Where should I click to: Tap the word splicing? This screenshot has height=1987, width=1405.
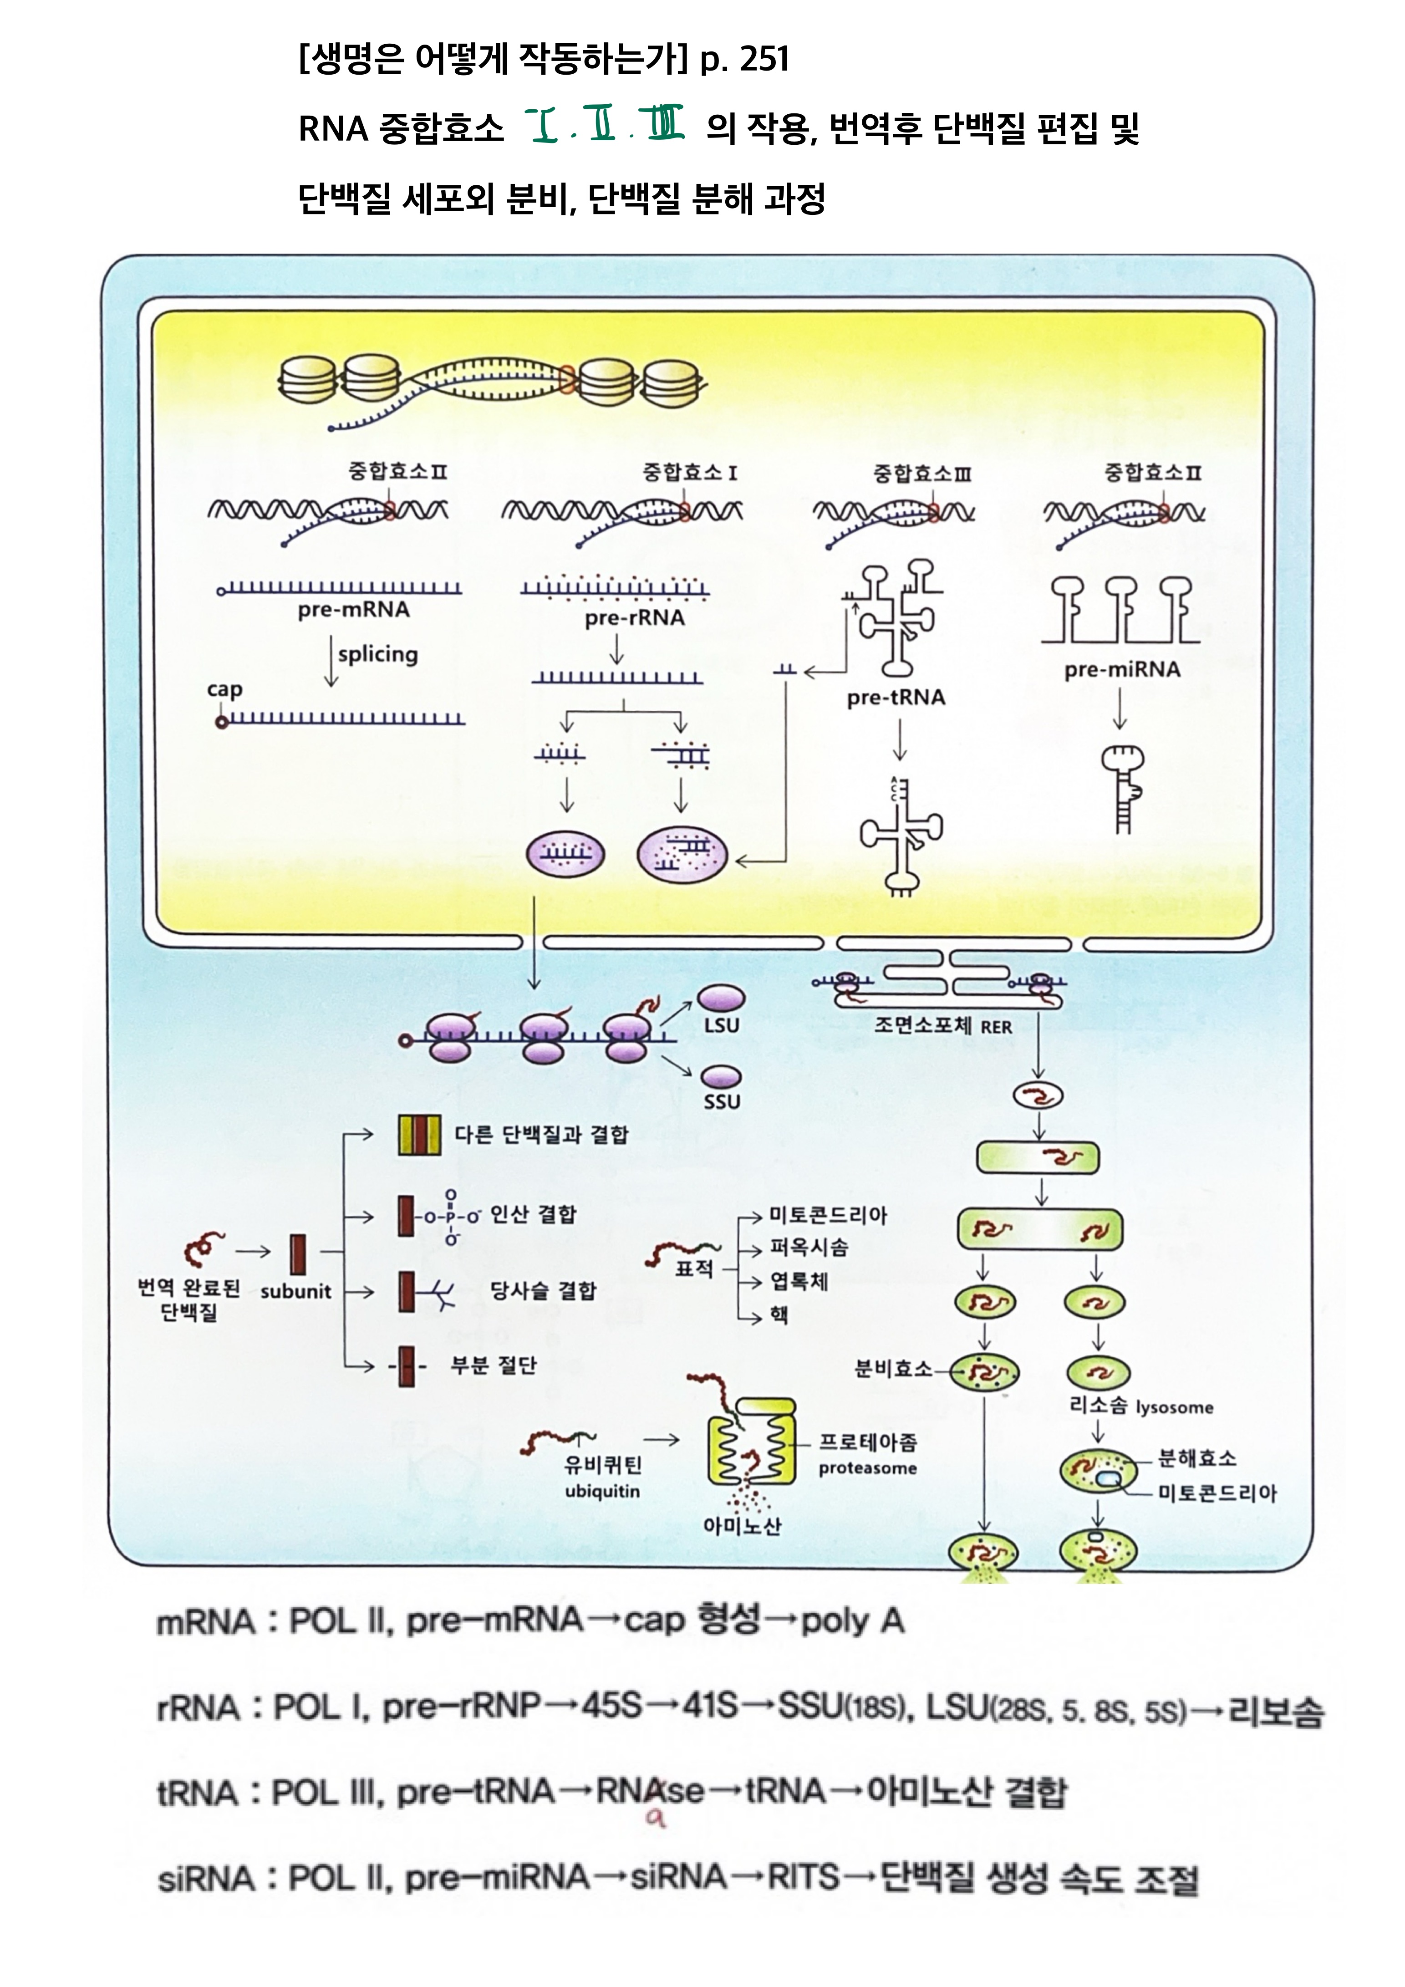click(377, 654)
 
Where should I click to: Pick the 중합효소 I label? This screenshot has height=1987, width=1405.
click(689, 473)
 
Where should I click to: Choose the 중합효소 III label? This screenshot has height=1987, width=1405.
click(922, 474)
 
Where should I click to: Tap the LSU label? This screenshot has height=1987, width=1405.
click(722, 1025)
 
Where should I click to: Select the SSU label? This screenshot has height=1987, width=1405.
click(722, 1102)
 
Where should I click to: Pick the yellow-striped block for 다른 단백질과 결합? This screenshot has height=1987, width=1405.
click(419, 1135)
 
